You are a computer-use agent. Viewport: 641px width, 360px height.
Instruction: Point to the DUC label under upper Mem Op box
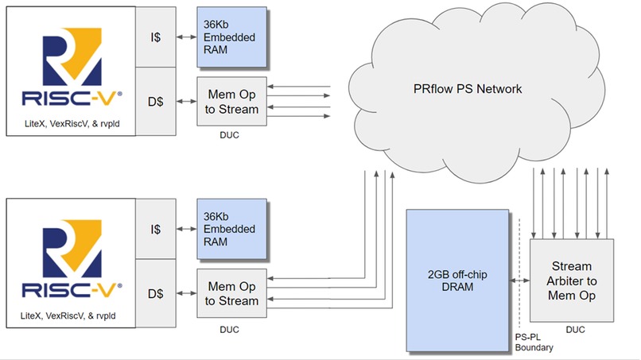(x=228, y=135)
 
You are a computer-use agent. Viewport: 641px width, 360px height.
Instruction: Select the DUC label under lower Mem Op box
(x=228, y=327)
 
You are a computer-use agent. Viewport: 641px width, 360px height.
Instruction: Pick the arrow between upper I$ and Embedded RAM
(x=185, y=38)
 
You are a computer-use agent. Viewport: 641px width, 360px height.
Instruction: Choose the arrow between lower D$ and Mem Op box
(x=185, y=293)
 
